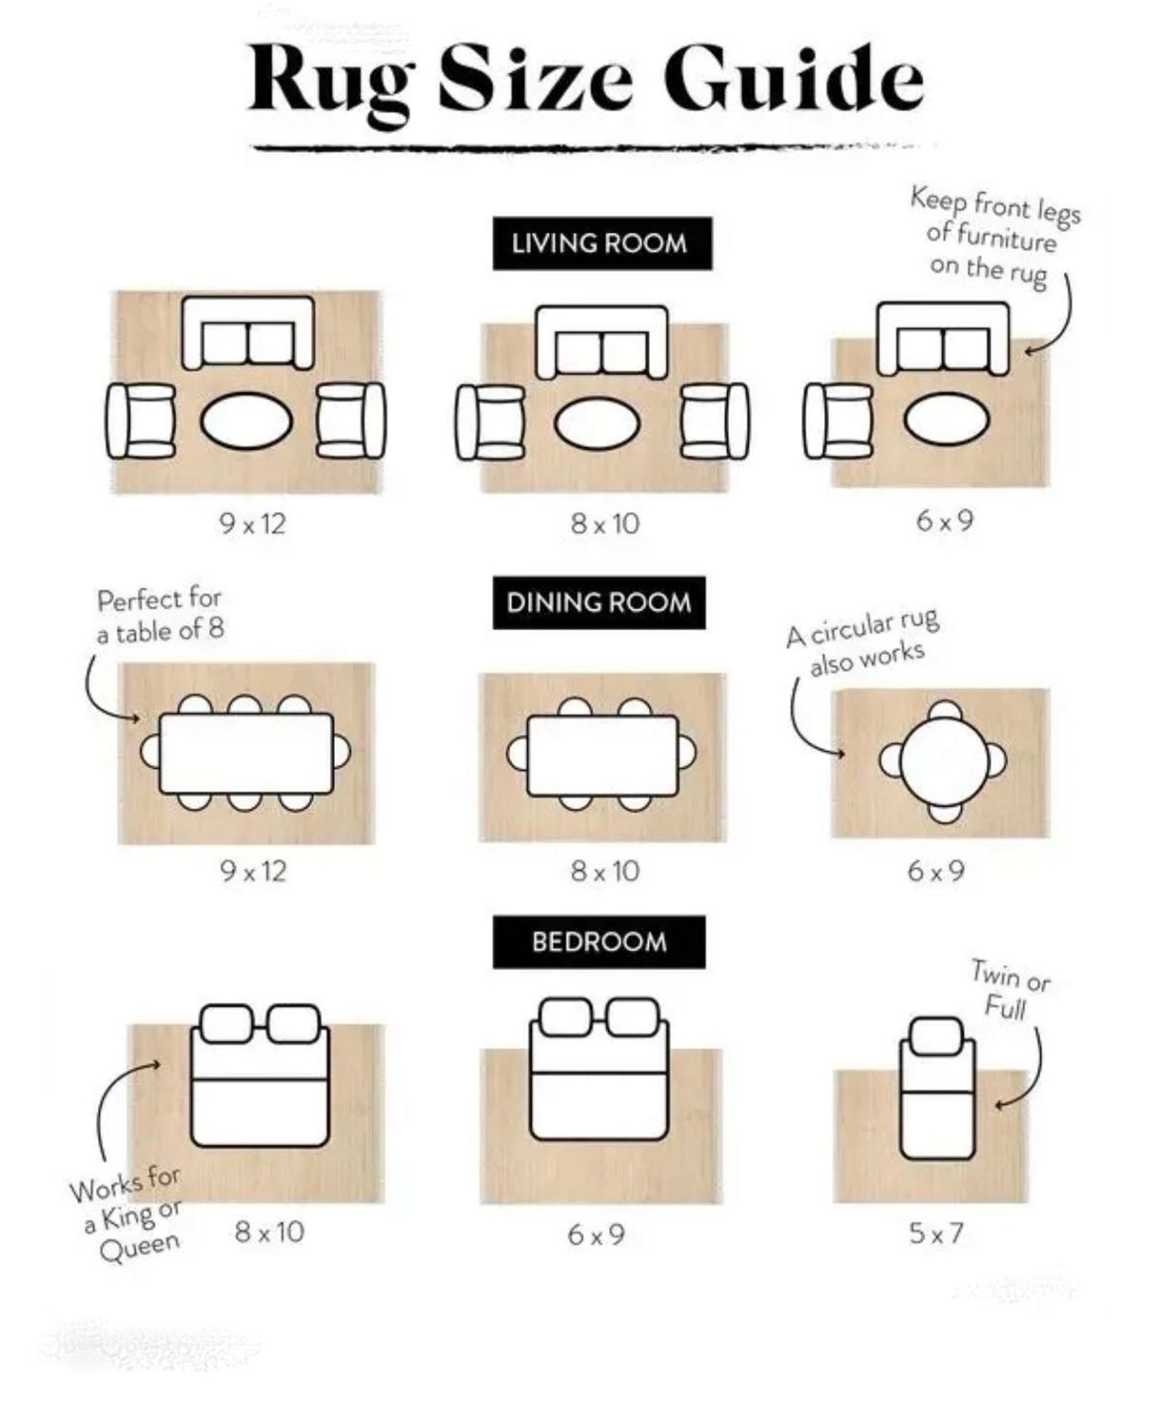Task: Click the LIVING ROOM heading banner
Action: coord(602,243)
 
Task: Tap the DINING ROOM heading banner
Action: coord(598,602)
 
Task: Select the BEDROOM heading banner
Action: coord(598,942)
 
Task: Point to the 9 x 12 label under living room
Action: coord(253,523)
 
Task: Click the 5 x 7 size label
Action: coord(936,1233)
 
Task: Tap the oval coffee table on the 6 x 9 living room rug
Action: coord(947,418)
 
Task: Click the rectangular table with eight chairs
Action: coord(246,753)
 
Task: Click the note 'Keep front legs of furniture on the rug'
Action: coord(995,238)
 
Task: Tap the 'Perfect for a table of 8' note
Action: coord(160,615)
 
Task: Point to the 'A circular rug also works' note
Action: coord(863,642)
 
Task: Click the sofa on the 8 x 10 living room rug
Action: coord(602,342)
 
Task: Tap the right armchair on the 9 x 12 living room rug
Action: coord(351,420)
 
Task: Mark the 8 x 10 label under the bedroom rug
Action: coord(269,1232)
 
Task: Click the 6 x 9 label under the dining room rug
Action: coord(936,870)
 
